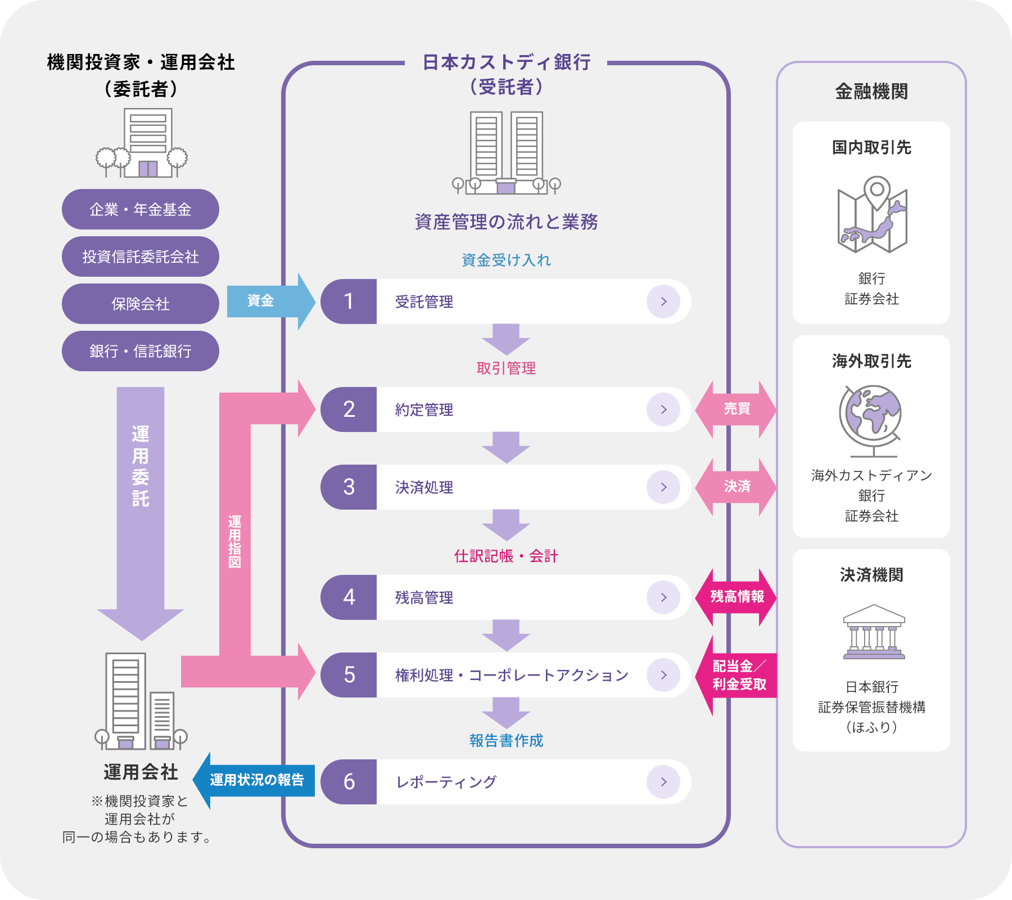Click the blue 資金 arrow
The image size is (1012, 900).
pyautogui.click(x=264, y=301)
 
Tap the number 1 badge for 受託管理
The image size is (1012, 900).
pyautogui.click(x=349, y=301)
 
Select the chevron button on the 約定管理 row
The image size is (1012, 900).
pyautogui.click(x=663, y=409)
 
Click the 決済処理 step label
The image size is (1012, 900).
pyautogui.click(x=424, y=487)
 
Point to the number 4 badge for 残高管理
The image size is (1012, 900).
pyautogui.click(x=349, y=597)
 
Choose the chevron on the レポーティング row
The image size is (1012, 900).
pyautogui.click(x=663, y=782)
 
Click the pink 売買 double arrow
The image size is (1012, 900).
pyautogui.click(x=736, y=409)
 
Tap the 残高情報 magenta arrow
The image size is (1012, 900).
pyautogui.click(x=737, y=597)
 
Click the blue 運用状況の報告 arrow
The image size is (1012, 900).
pyautogui.click(x=256, y=780)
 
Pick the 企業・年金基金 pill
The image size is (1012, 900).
pyautogui.click(x=141, y=209)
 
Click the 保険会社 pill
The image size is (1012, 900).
pyautogui.click(x=141, y=304)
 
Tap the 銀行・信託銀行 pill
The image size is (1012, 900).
pyautogui.click(x=141, y=351)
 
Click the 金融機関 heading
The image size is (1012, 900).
pyautogui.click(x=871, y=91)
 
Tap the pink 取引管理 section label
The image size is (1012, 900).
pyautogui.click(x=506, y=368)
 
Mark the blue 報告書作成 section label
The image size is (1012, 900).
pyautogui.click(x=506, y=741)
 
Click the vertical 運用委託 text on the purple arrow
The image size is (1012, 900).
pyautogui.click(x=141, y=467)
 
